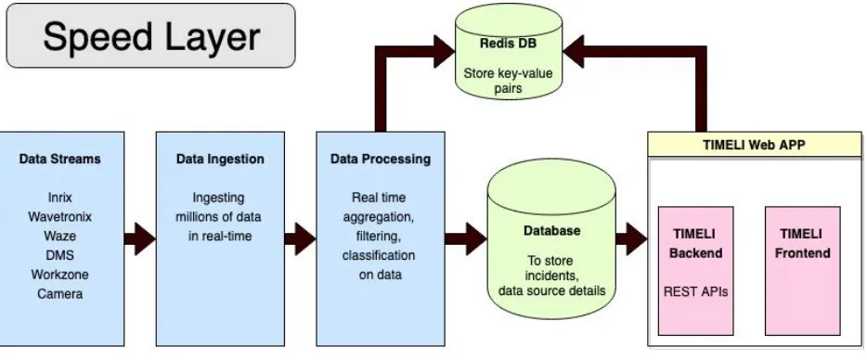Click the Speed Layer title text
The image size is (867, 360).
click(151, 37)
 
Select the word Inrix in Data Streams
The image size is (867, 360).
click(59, 198)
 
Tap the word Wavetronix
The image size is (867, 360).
click(59, 217)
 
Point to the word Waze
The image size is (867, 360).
click(59, 236)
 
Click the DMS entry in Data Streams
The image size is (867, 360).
click(59, 255)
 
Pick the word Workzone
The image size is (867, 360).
click(59, 275)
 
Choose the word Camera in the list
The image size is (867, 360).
click(59, 294)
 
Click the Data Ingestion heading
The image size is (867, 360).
click(220, 160)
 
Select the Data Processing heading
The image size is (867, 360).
click(381, 160)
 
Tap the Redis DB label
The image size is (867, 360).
click(508, 44)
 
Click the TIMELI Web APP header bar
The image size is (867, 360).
click(754, 145)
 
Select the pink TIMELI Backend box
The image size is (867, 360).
click(695, 271)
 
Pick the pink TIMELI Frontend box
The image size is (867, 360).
click(802, 271)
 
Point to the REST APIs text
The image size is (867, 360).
click(695, 291)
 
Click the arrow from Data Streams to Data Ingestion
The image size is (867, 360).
click(140, 238)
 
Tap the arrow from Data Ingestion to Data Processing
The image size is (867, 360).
click(300, 238)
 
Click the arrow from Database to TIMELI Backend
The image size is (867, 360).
click(631, 238)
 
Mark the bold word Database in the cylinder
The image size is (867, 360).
click(551, 230)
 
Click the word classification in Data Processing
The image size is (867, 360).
click(378, 255)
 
